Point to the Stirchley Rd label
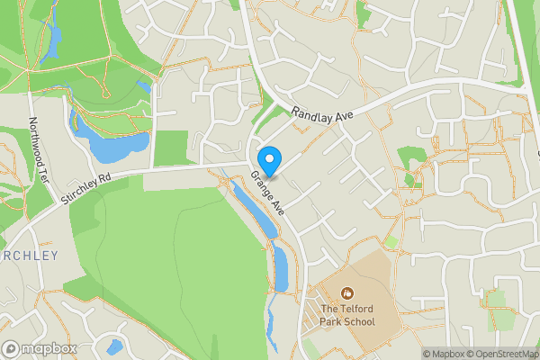87,185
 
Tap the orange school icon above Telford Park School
347,293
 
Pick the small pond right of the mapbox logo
114,346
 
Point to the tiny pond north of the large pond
143,86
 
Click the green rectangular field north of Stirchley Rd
170,148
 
